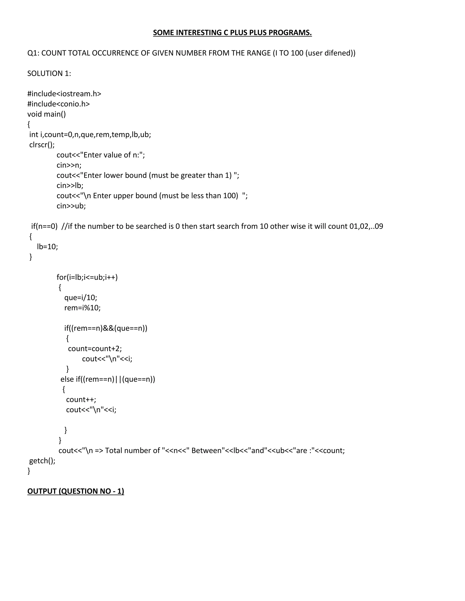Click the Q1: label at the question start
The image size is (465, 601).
click(x=33, y=53)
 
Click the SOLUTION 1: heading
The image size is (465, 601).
click(x=49, y=73)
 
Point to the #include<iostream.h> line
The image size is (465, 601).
click(x=64, y=94)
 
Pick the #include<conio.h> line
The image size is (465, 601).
click(x=58, y=104)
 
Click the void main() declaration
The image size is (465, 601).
click(x=47, y=114)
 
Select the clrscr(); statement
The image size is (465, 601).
click(x=42, y=145)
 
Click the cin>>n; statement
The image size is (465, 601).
click(x=69, y=165)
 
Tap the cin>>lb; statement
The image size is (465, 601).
click(x=70, y=186)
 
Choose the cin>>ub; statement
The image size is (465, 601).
click(x=71, y=206)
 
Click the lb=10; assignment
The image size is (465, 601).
click(x=47, y=247)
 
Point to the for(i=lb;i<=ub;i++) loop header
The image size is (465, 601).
click(x=87, y=277)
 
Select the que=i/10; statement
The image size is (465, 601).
click(x=80, y=298)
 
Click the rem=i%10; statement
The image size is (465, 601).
click(x=82, y=308)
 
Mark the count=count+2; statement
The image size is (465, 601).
click(x=95, y=349)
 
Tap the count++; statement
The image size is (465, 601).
click(x=81, y=400)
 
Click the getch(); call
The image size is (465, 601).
click(x=42, y=461)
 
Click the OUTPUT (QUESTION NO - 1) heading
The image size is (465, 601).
click(x=76, y=491)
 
